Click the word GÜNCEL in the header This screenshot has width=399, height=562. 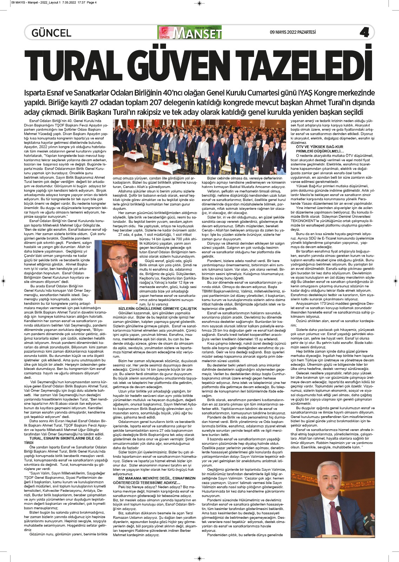pos(51,33)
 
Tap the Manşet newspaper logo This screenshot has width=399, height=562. pos(190,33)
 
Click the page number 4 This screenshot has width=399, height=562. pos(364,33)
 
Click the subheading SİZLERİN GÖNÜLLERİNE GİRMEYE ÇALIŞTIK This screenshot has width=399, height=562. pos(157,308)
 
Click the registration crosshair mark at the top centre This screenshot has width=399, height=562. pos(199,3)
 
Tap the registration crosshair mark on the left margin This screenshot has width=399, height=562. pos(4,281)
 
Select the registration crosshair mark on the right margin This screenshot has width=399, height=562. pos(395,281)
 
